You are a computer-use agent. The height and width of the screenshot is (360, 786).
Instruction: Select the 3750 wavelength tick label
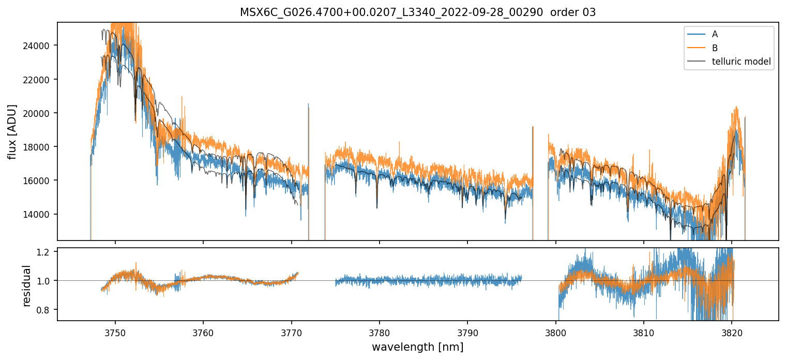115,332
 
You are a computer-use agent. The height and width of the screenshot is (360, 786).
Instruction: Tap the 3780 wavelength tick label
380,332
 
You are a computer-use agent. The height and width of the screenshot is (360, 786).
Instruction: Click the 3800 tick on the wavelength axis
556,332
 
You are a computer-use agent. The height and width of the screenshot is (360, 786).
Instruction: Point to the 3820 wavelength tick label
732,332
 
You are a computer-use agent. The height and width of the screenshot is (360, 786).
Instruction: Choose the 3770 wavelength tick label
292,332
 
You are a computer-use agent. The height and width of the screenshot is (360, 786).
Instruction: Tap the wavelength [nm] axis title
417,347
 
